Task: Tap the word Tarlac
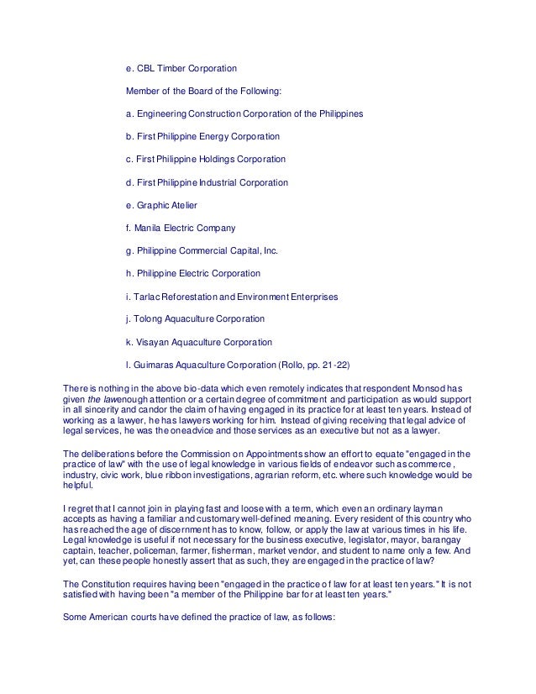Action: pyautogui.click(x=146, y=297)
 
